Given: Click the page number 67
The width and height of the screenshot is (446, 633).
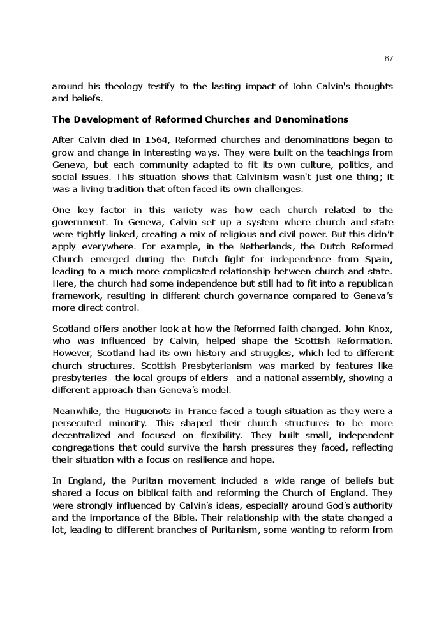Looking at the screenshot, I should pyautogui.click(x=389, y=59).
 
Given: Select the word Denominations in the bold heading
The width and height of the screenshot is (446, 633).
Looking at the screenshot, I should pyautogui.click(x=311, y=119).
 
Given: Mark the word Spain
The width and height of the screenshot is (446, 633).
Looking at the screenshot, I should pyautogui.click(x=380, y=258).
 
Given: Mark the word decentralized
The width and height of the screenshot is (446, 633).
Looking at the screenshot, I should pyautogui.click(x=82, y=436).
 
